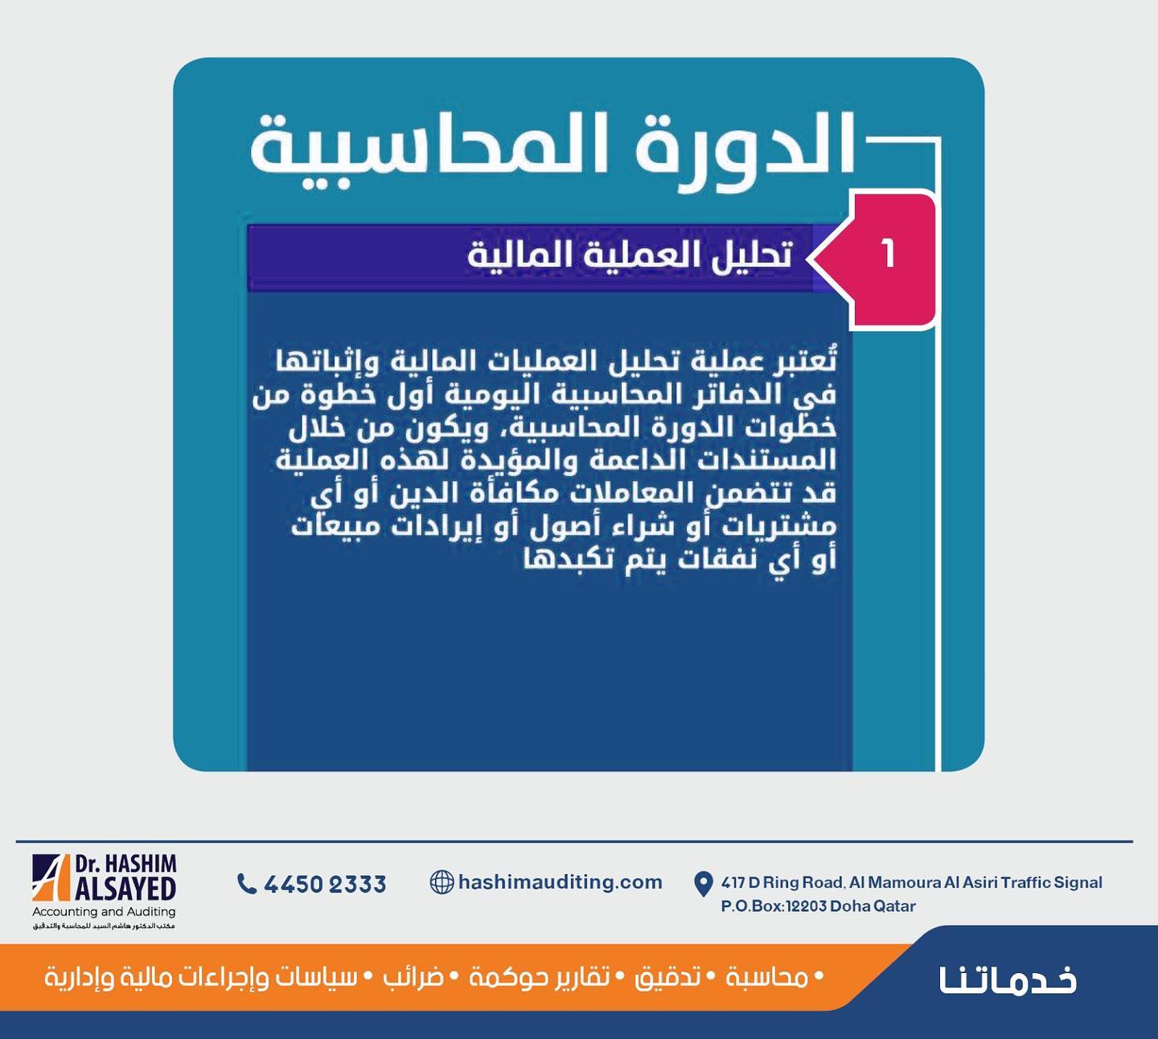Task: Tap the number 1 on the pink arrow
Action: click(x=888, y=254)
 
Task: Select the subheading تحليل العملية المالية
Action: click(x=630, y=255)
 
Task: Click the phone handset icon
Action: click(x=246, y=883)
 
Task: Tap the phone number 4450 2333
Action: click(x=325, y=884)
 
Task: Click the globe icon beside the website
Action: click(x=441, y=882)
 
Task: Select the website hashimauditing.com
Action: click(x=561, y=882)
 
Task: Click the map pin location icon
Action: click(x=703, y=884)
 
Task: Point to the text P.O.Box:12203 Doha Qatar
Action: click(x=818, y=906)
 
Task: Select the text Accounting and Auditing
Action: click(x=104, y=911)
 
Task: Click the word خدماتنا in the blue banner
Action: click(x=1008, y=979)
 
